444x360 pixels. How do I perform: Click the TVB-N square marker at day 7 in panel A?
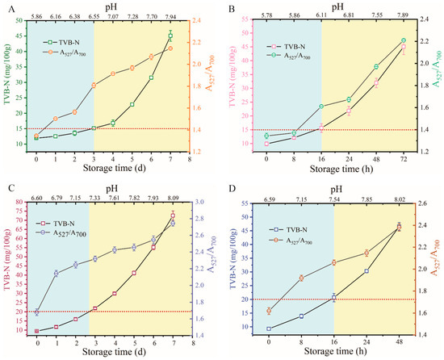click(170, 36)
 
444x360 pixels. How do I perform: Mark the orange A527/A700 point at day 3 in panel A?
click(94, 85)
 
